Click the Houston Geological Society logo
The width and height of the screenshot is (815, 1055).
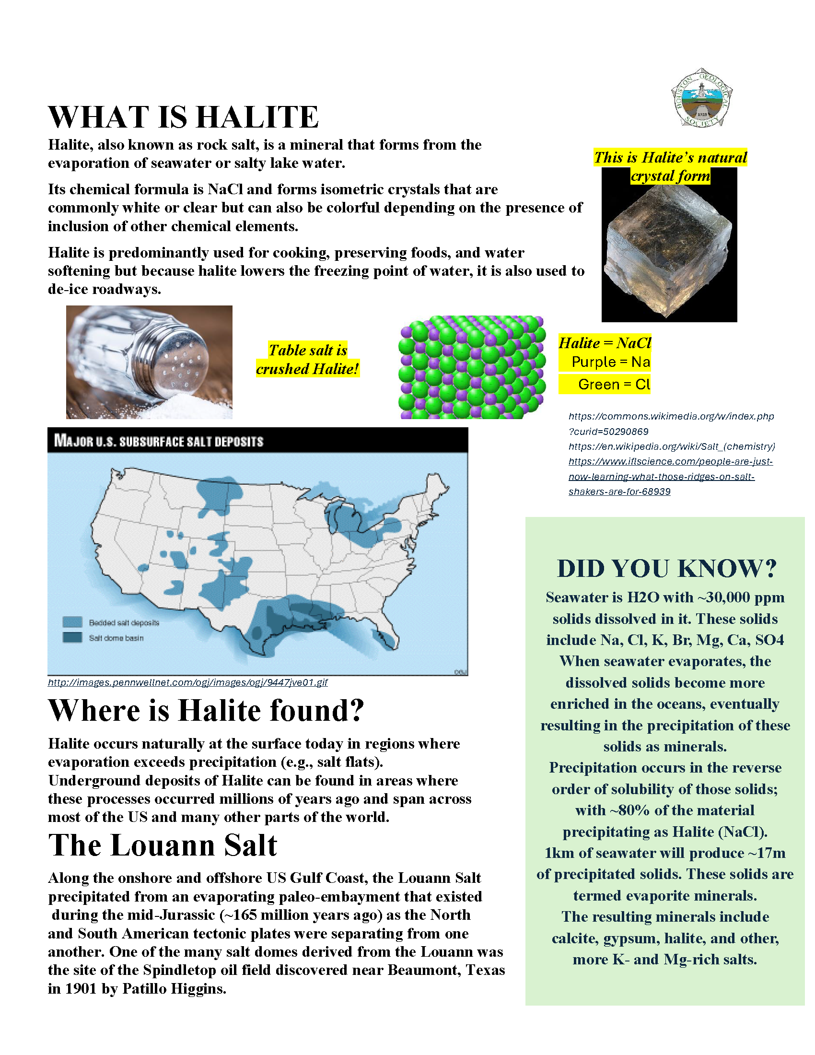(x=702, y=98)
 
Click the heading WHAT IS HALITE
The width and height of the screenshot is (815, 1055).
(x=184, y=117)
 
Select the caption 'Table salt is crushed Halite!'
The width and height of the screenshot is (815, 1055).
(x=308, y=359)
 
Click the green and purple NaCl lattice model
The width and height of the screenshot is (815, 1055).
(x=472, y=367)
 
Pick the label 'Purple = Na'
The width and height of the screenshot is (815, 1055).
(x=610, y=362)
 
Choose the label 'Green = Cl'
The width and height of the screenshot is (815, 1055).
(x=614, y=385)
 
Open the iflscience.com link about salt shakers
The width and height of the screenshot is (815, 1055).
(x=670, y=476)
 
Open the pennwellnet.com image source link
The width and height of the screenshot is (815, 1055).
(x=187, y=682)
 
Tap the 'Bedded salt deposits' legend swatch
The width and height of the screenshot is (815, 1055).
(x=72, y=622)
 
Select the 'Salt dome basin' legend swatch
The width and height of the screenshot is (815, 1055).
(x=72, y=638)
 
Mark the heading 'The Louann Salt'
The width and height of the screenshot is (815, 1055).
(x=163, y=845)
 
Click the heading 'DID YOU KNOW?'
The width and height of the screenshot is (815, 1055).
(x=667, y=569)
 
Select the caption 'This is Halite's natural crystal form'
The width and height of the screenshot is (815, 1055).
(x=670, y=166)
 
